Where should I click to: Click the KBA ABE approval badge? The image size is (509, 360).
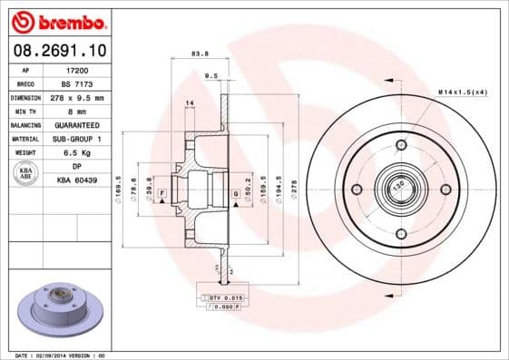click(26, 173)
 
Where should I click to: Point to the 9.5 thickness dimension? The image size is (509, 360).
click(211, 75)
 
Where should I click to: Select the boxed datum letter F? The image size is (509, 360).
click(162, 194)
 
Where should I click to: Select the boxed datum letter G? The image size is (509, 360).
click(234, 194)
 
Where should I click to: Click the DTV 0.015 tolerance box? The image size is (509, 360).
click(222, 297)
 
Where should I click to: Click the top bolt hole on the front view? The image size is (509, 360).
click(401, 145)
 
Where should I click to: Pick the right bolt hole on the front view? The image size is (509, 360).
click(445, 190)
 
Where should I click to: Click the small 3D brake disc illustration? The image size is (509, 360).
click(56, 311)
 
